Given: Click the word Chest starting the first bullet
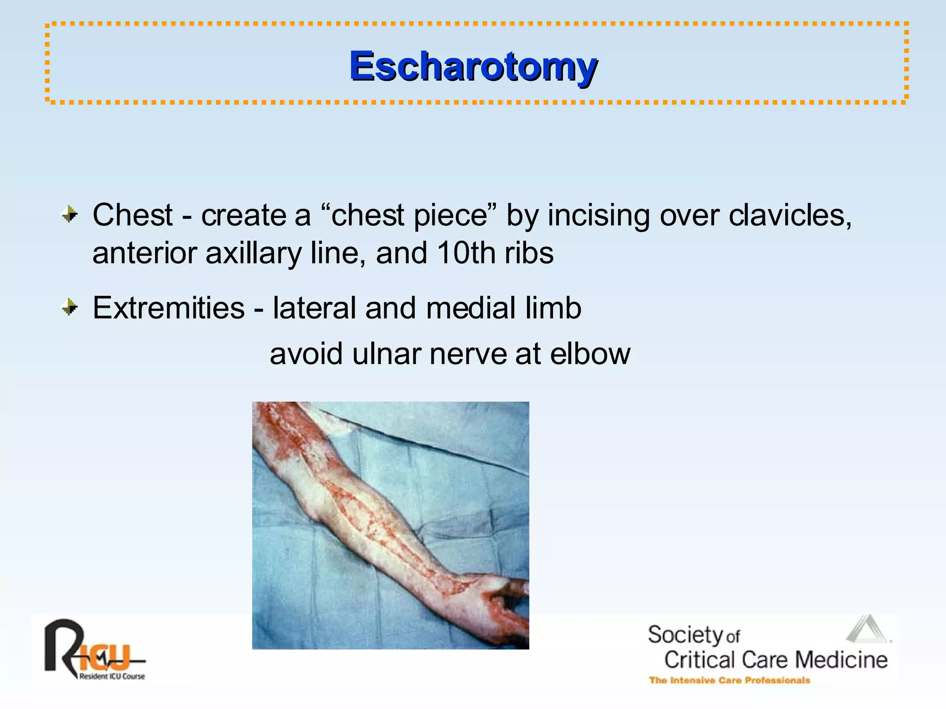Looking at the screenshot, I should click(x=133, y=215).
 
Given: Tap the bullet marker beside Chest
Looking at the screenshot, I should click(x=70, y=214).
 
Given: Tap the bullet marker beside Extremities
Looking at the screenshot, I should click(x=70, y=307).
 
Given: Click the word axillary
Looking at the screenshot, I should click(x=253, y=254).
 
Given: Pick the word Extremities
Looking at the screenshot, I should click(x=168, y=308).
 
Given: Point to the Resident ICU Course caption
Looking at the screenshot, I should click(x=112, y=676).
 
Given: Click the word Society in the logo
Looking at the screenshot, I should click(x=685, y=635).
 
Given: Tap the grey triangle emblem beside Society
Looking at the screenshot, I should click(x=867, y=629).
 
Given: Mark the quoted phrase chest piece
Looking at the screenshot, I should click(x=409, y=215).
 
